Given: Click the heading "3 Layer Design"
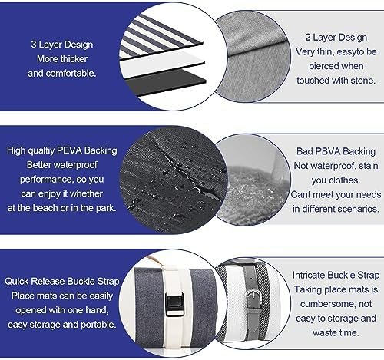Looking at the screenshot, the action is click(x=62, y=45).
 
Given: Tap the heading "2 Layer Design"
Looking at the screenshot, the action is click(x=336, y=38).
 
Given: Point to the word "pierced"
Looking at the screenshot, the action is click(x=324, y=66).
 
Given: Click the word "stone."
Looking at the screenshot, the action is click(x=363, y=81).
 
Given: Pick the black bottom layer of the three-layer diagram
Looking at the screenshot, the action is click(x=166, y=82).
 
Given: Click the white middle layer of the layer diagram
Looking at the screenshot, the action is click(x=163, y=64).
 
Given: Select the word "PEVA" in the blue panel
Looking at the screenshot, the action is click(x=69, y=150).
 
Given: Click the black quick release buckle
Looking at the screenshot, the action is click(x=174, y=305).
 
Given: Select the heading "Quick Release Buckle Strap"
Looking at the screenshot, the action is click(x=62, y=281).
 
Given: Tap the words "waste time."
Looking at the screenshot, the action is click(x=336, y=332).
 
